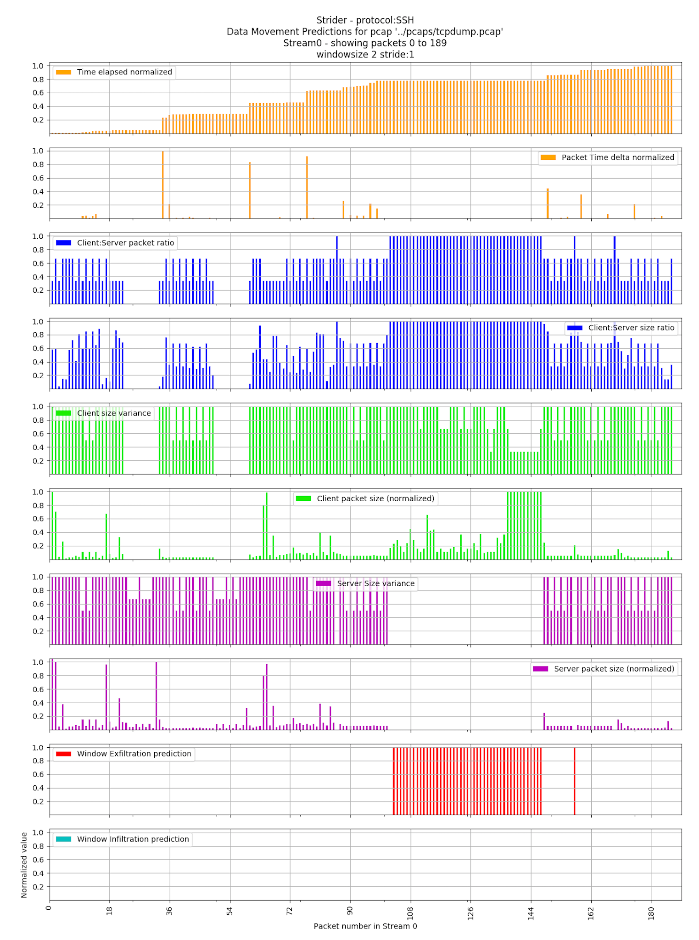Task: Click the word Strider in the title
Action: click(x=331, y=20)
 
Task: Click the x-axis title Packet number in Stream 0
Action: click(x=365, y=926)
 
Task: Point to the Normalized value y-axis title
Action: click(x=24, y=865)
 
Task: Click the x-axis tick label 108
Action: click(x=410, y=911)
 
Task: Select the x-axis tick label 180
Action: click(x=651, y=911)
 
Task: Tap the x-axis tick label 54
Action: click(x=229, y=911)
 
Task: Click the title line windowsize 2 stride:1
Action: click(x=365, y=55)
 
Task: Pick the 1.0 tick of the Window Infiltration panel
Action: click(x=38, y=833)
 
